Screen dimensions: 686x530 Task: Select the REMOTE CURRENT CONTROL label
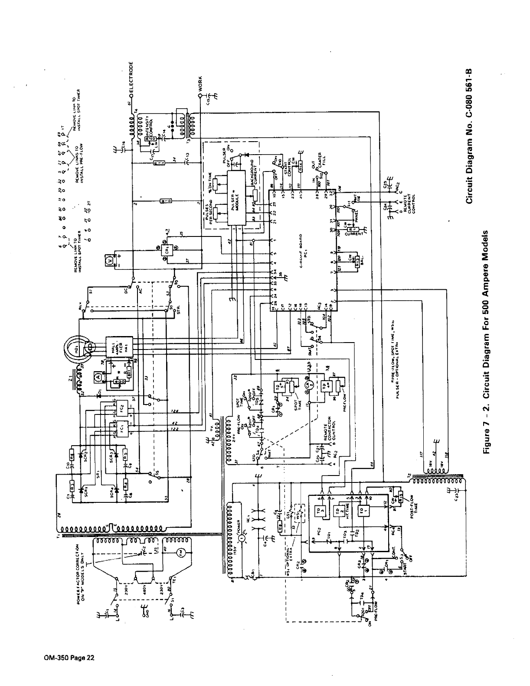[x=409, y=204]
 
